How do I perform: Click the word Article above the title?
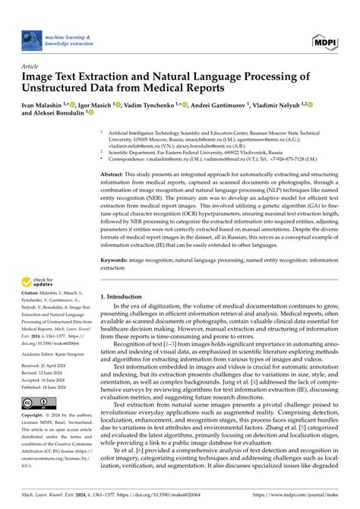31,67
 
